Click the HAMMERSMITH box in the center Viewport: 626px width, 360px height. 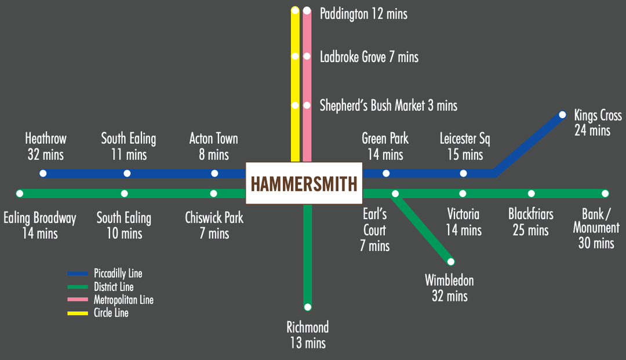pos(303,183)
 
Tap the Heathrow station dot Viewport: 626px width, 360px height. pos(43,173)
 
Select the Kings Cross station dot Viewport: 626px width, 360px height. pos(562,115)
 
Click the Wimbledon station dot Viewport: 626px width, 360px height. pos(451,261)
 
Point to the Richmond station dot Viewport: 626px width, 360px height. pos(308,307)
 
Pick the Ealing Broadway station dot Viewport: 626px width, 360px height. pos(20,193)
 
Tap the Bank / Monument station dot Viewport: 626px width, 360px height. pos(605,193)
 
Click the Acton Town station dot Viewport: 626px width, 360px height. pos(214,173)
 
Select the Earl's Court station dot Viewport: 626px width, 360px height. pos(395,194)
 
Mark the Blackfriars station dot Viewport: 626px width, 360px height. pos(531,193)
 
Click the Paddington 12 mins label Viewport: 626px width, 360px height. pos(363,13)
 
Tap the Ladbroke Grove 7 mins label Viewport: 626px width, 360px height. pos(369,57)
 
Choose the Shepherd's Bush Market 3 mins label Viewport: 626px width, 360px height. pos(388,106)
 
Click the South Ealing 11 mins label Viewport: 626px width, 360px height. pos(128,146)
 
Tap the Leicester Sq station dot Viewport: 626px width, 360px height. pos(463,173)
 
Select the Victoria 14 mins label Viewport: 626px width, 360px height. pos(463,221)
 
